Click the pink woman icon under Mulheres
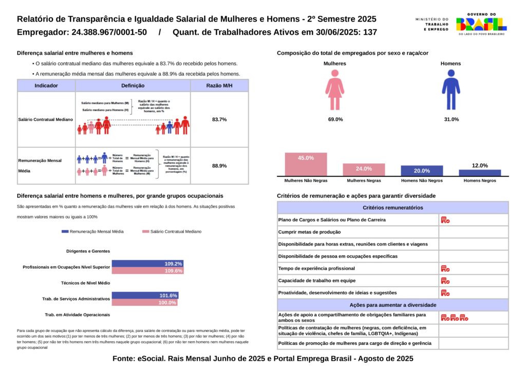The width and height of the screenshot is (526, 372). coord(334,90)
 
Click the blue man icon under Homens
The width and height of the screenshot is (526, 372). coord(450,90)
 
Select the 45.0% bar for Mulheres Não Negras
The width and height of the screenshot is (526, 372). coord(306,164)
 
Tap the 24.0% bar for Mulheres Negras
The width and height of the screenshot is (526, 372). coord(364,170)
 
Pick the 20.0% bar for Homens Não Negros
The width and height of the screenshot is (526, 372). coord(422,171)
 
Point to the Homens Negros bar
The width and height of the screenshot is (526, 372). coord(480,173)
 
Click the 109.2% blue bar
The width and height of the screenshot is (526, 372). coord(147,264)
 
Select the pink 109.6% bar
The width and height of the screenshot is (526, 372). coord(147,271)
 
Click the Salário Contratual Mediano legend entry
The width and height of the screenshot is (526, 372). coord(172,232)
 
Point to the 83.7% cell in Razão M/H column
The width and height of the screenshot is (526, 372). coord(219,119)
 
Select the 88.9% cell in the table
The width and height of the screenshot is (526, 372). coord(219,166)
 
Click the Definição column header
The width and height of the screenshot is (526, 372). coord(133,86)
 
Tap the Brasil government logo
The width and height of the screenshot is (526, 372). coord(481,24)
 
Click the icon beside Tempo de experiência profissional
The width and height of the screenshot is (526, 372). coord(445,269)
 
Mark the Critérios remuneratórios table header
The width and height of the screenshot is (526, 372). coord(392,208)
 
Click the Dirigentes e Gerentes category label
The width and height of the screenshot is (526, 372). coord(88,251)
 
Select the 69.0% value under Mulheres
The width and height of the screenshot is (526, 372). coord(335,119)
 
